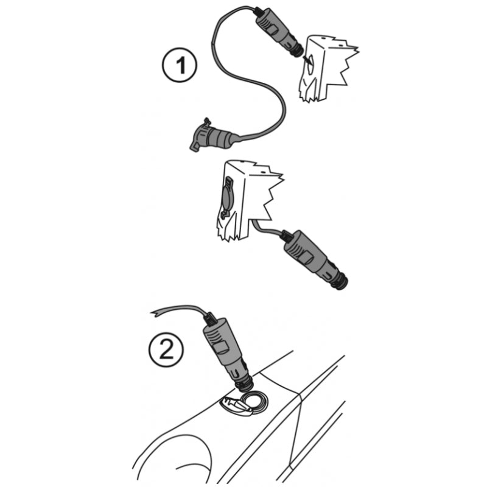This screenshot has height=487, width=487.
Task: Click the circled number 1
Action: coord(180,65)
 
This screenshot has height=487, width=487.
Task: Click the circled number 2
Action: coord(166,350)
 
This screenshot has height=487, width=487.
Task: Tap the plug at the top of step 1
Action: coord(278,32)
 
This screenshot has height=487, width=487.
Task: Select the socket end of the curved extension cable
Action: coord(211,136)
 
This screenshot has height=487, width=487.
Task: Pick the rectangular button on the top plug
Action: coord(273,30)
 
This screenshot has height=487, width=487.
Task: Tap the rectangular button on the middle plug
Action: coord(307,257)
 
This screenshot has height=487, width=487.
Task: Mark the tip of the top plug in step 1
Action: coord(300,54)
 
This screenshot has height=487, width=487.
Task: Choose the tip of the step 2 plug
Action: coord(245,389)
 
